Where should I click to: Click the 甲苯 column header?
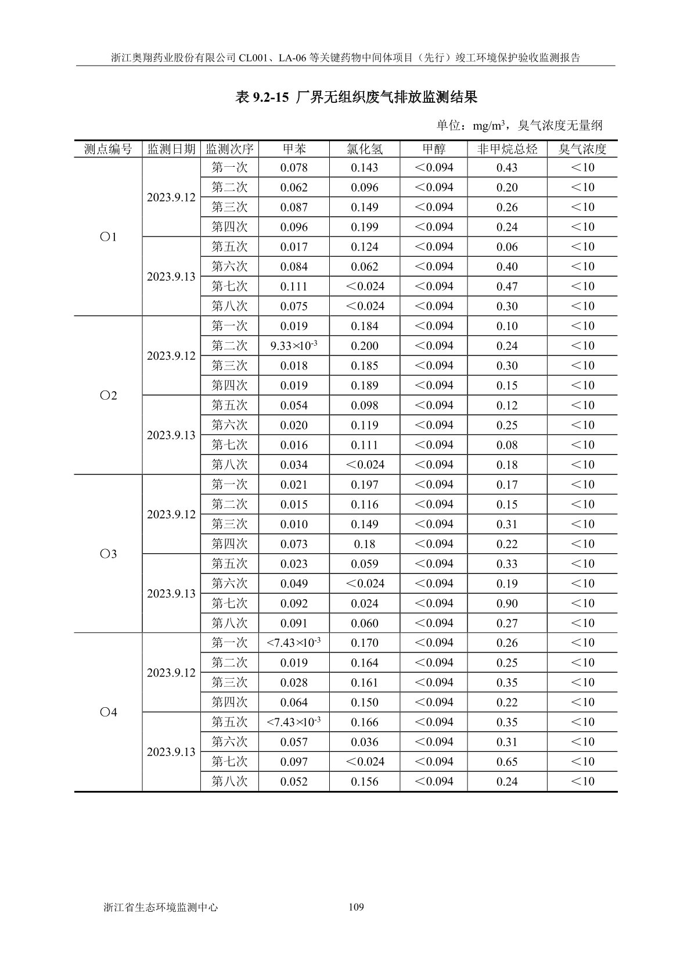(x=294, y=149)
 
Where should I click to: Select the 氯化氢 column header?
(x=364, y=149)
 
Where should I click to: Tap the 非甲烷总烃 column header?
(x=507, y=149)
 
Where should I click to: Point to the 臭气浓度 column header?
(x=582, y=149)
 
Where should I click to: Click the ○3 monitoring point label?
(x=108, y=554)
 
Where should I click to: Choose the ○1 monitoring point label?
(x=108, y=237)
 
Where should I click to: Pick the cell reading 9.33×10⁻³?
(x=294, y=346)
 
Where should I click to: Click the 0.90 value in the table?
(x=507, y=603)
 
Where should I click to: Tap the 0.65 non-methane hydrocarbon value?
(x=507, y=762)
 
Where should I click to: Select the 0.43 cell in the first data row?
(x=507, y=167)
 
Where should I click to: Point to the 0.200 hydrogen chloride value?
(x=364, y=346)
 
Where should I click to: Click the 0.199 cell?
(x=364, y=227)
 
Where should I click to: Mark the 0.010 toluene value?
(x=294, y=524)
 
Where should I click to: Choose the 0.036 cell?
(x=364, y=742)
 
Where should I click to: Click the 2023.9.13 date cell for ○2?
(x=171, y=435)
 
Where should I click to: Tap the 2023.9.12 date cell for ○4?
(x=171, y=673)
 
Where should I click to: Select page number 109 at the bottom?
(x=356, y=907)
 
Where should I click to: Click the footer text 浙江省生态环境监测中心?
(x=160, y=907)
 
